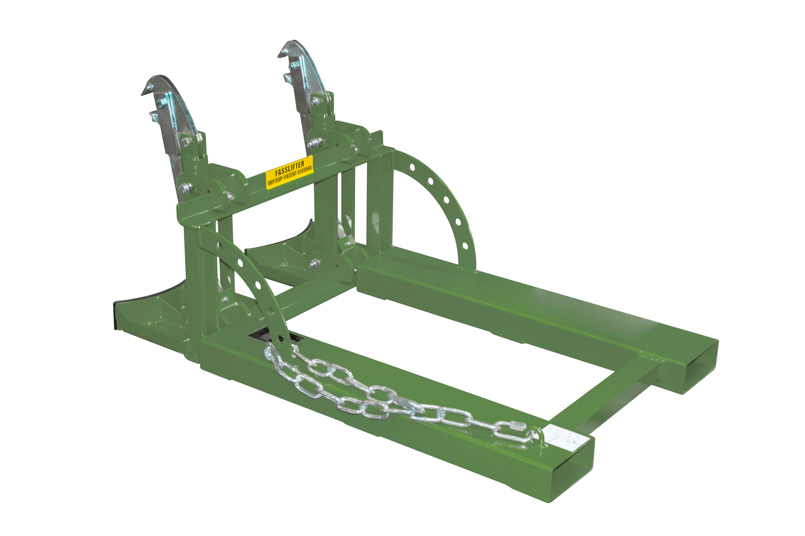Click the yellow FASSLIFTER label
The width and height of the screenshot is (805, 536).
(290, 172)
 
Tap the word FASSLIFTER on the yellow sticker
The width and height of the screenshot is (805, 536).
(289, 168)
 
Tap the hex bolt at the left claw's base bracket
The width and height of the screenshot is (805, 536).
(184, 188)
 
